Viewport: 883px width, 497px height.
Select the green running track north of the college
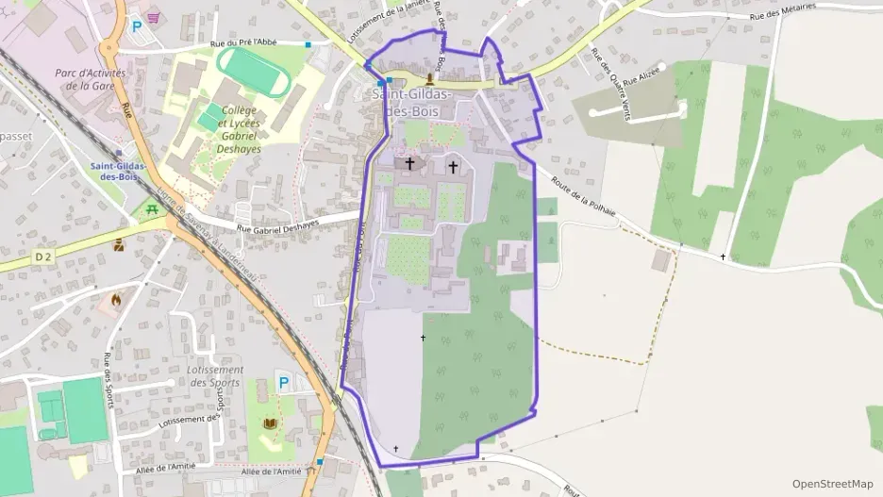(252, 70)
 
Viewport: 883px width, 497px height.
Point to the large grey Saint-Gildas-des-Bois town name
(412, 102)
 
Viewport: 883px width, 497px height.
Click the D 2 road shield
(43, 256)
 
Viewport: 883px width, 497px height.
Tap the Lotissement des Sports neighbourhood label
(214, 376)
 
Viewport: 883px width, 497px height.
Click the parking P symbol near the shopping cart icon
(135, 27)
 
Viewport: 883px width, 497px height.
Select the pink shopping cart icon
(153, 17)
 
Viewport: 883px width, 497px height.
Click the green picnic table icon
(149, 209)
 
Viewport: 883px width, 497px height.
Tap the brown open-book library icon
(271, 423)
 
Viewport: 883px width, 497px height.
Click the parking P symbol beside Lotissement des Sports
(282, 382)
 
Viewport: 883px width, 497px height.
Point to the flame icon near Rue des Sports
(116, 301)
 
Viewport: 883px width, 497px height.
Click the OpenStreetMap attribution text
(832, 484)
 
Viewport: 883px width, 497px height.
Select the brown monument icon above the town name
(431, 77)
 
